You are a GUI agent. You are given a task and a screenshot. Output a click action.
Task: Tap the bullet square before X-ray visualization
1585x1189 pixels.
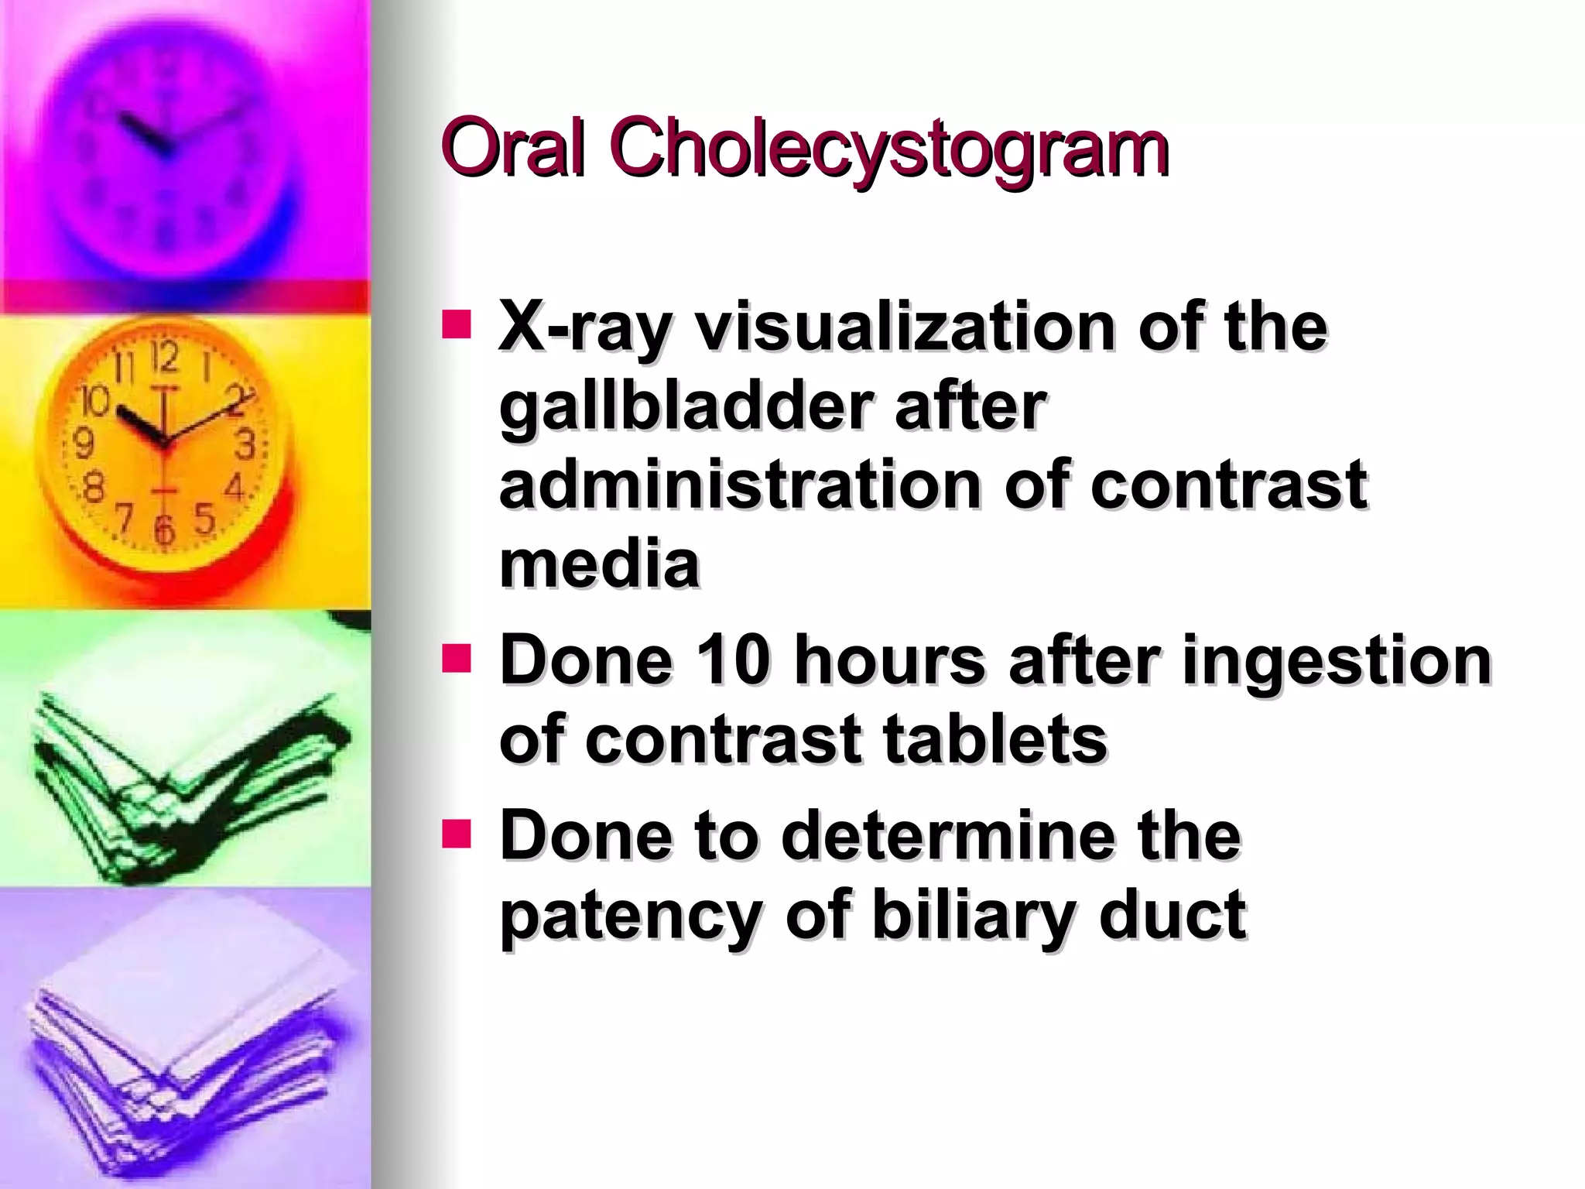point(456,325)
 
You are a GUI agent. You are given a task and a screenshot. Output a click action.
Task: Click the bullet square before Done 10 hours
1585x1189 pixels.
point(456,659)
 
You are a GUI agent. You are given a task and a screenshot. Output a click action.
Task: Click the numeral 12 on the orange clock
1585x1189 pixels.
point(164,357)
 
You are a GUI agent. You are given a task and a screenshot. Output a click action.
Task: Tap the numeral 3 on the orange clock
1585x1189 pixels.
point(245,444)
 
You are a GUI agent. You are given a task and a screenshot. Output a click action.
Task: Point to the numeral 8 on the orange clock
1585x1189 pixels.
point(94,488)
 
